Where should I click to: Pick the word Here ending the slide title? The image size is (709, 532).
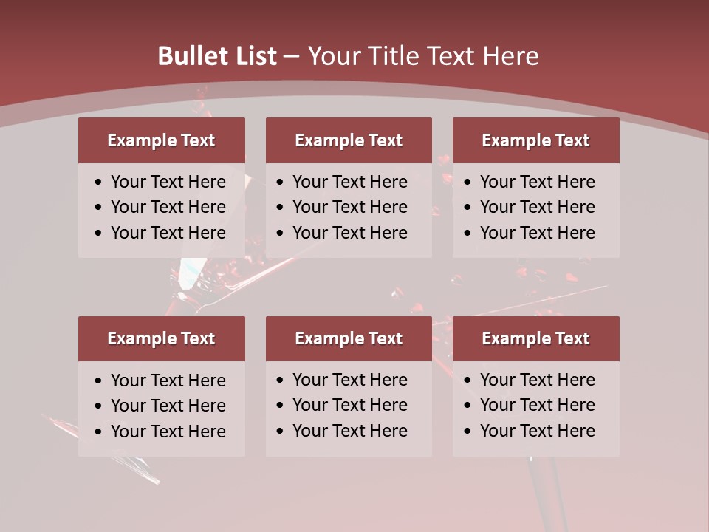pos(510,56)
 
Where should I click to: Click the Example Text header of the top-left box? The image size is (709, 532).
pos(161,140)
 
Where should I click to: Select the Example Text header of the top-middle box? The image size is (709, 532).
pos(349,140)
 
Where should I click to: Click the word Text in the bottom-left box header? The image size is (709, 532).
pos(198,338)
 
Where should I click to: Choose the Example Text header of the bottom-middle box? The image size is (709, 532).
pos(349,338)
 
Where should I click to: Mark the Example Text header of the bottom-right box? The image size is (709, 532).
pos(535,338)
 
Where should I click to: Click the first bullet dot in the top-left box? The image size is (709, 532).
pos(99,183)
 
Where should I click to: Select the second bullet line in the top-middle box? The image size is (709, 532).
pos(349,207)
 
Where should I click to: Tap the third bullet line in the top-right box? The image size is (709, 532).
pos(537,233)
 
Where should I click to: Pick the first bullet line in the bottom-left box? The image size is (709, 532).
pos(168,381)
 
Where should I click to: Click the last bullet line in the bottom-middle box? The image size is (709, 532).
pos(349,431)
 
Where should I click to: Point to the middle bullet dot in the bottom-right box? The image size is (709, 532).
pos(468,406)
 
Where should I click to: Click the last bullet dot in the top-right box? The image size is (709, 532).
pos(468,233)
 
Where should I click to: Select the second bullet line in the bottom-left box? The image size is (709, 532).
pos(168,406)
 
